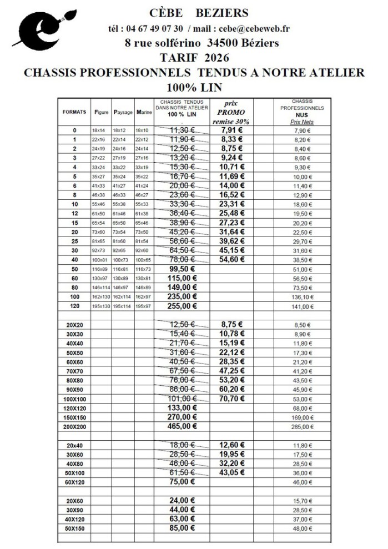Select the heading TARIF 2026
[x=194, y=57]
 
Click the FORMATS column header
[x=74, y=112]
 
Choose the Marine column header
[x=144, y=112]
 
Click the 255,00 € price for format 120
[x=182, y=306]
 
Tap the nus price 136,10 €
[x=302, y=297]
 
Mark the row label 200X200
[x=75, y=426]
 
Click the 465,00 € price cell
[x=182, y=426]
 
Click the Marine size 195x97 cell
[x=144, y=306]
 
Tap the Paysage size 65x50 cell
[x=123, y=223]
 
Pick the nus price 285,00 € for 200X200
[x=302, y=427]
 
